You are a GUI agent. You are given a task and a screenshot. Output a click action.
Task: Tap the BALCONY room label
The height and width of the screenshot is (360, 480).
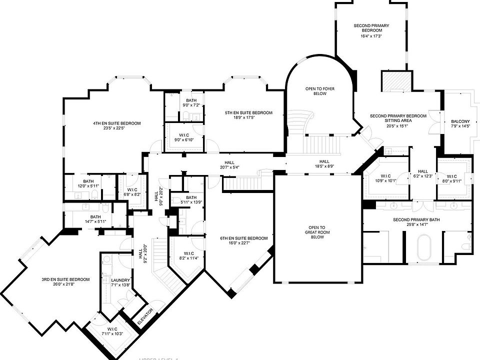coord(460,121)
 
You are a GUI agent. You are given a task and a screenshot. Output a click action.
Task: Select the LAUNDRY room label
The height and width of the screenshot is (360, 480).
coord(121,280)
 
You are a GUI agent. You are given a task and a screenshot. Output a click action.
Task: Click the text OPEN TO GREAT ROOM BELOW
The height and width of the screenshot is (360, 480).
coord(317,232)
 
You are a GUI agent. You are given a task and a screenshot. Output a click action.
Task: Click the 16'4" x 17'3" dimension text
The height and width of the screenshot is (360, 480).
coord(371,36)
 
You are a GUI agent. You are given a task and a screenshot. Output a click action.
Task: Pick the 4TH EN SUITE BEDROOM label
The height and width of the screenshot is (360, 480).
coord(116,123)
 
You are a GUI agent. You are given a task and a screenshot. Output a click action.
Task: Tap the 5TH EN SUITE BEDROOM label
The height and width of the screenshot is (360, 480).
coord(248,113)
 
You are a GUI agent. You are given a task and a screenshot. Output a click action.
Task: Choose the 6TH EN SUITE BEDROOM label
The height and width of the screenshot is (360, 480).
coord(244,238)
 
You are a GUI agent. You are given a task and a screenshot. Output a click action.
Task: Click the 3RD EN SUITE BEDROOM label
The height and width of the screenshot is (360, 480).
coord(65,279)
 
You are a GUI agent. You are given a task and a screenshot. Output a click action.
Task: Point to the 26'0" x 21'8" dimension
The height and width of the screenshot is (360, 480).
coord(65,284)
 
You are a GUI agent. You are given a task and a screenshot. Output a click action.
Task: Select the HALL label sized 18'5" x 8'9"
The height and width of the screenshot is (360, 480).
coord(324,161)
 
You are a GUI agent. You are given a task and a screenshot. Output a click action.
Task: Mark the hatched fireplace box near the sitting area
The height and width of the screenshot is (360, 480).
coord(396,80)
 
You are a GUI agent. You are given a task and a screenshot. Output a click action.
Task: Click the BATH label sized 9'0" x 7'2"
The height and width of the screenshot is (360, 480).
coord(191,100)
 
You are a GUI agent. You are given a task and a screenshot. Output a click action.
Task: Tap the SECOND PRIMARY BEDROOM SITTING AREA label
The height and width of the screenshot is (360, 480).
coord(398,118)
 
